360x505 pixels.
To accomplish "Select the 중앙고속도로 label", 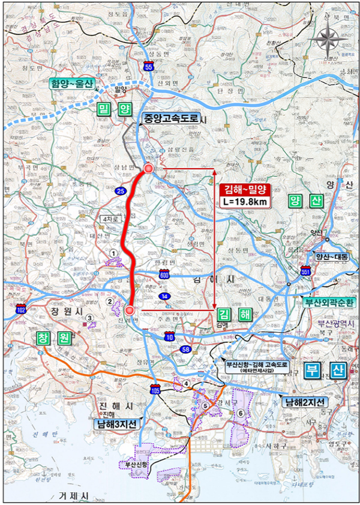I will coord(170,119).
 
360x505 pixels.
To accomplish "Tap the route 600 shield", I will coord(164,274).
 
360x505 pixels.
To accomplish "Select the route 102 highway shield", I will coord(21,309).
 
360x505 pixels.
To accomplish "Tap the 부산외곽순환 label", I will coord(330,301).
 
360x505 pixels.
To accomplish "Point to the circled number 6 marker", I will coord(240,413).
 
